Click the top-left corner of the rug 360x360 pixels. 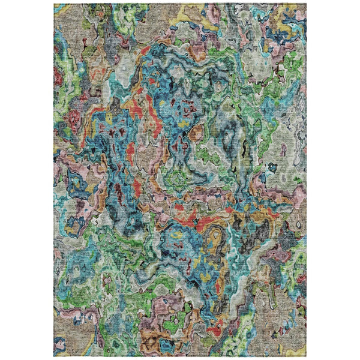click(54, 4)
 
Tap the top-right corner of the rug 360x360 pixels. click(306, 4)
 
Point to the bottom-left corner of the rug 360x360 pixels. click(54, 356)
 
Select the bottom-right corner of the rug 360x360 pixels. click(306, 356)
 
